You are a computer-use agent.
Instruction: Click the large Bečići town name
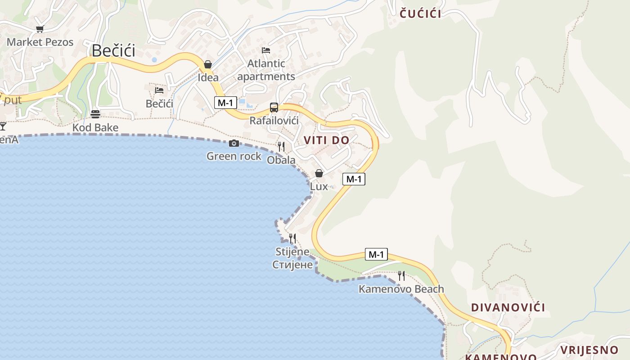(113, 51)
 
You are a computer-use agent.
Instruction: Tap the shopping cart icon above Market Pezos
(40, 29)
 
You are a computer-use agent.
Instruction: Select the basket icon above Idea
(208, 64)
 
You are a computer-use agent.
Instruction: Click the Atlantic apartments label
(266, 70)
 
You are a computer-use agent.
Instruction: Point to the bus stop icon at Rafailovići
(274, 108)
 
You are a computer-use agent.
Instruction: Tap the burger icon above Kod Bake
(95, 114)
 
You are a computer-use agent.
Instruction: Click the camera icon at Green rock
(234, 143)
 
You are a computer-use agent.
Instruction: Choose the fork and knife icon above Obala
(281, 146)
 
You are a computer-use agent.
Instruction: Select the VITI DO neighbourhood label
(326, 140)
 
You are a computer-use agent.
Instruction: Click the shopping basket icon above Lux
(319, 173)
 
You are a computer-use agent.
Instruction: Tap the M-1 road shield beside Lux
(353, 179)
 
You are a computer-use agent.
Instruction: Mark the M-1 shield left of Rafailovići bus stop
(225, 103)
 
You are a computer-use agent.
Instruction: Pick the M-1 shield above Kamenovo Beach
(376, 254)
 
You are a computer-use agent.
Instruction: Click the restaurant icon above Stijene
(292, 238)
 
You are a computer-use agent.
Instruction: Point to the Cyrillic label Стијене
(292, 265)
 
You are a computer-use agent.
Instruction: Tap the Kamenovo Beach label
(401, 289)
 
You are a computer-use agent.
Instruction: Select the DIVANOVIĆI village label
(508, 307)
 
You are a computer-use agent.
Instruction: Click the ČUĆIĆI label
(420, 13)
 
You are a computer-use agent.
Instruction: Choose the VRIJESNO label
(589, 350)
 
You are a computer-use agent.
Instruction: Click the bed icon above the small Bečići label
(159, 90)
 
